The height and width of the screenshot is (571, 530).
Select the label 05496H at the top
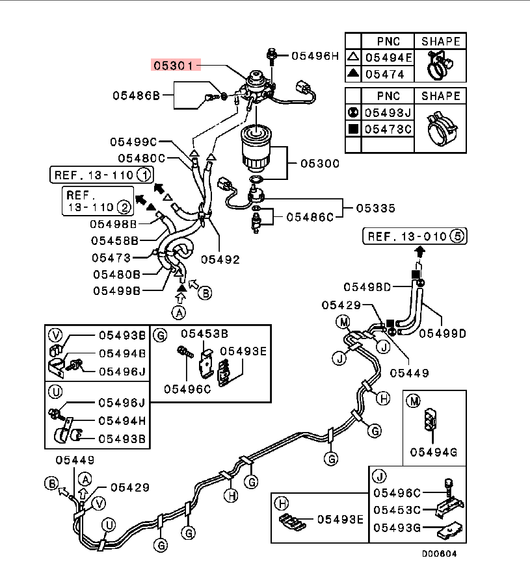click(315, 56)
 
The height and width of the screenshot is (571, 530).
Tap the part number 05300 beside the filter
click(319, 164)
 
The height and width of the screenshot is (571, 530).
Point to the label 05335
click(375, 209)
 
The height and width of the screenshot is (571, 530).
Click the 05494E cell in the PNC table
click(388, 58)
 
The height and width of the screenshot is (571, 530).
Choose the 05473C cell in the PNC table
click(388, 129)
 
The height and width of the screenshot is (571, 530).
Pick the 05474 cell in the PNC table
click(384, 74)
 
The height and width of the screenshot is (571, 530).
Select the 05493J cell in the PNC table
click(388, 112)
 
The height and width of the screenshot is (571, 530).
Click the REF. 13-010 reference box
click(414, 236)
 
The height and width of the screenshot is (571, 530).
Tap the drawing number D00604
click(441, 554)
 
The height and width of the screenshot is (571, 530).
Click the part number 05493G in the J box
click(397, 527)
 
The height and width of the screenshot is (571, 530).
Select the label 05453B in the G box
click(204, 335)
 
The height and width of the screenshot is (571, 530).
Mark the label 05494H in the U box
click(122, 420)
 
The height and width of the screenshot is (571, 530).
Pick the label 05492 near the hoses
click(220, 259)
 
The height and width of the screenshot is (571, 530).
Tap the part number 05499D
click(442, 333)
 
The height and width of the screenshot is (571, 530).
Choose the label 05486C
click(310, 216)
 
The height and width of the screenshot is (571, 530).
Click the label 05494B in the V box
click(122, 353)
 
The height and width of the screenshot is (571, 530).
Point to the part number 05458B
click(113, 240)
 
